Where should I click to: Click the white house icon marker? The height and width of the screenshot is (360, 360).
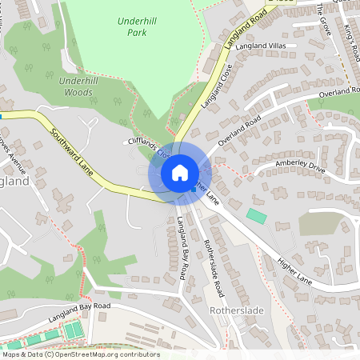click(x=180, y=172)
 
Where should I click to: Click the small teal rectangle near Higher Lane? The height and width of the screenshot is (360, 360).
click(x=257, y=216)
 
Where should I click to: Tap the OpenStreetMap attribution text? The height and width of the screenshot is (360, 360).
click(x=80, y=354)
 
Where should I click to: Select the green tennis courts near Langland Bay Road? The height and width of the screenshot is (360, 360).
click(x=73, y=329)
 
